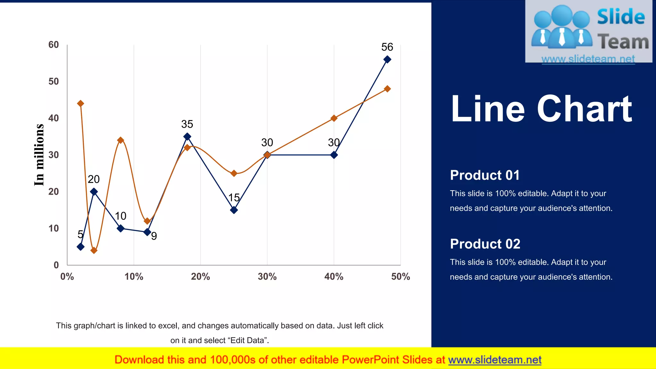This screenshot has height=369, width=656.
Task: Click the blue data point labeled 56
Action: pyautogui.click(x=387, y=59)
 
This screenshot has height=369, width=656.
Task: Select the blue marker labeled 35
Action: pyautogui.click(x=187, y=136)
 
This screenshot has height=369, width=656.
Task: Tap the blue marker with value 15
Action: pyautogui.click(x=234, y=210)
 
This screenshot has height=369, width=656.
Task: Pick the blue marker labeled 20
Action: pyautogui.click(x=94, y=192)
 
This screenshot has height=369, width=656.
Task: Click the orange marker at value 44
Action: pyautogui.click(x=81, y=103)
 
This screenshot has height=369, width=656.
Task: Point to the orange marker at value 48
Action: pyautogui.click(x=387, y=89)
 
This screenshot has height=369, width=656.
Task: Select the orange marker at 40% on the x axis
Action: pyautogui.click(x=334, y=118)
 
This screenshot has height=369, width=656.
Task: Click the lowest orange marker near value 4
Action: pyautogui.click(x=94, y=250)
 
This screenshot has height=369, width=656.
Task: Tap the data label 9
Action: pyautogui.click(x=154, y=236)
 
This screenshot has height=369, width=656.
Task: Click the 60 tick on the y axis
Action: pyautogui.click(x=53, y=45)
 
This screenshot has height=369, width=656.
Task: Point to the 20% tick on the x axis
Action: pyautogui.click(x=200, y=276)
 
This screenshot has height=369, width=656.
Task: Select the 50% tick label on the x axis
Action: pyautogui.click(x=400, y=276)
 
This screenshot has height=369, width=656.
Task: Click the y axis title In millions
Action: pyautogui.click(x=39, y=155)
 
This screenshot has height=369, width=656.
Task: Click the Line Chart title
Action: pyautogui.click(x=541, y=109)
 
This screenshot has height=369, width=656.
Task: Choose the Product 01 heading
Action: pyautogui.click(x=485, y=175)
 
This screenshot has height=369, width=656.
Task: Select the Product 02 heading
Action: pyautogui.click(x=485, y=244)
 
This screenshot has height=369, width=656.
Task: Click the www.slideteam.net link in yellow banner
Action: pyautogui.click(x=495, y=360)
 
